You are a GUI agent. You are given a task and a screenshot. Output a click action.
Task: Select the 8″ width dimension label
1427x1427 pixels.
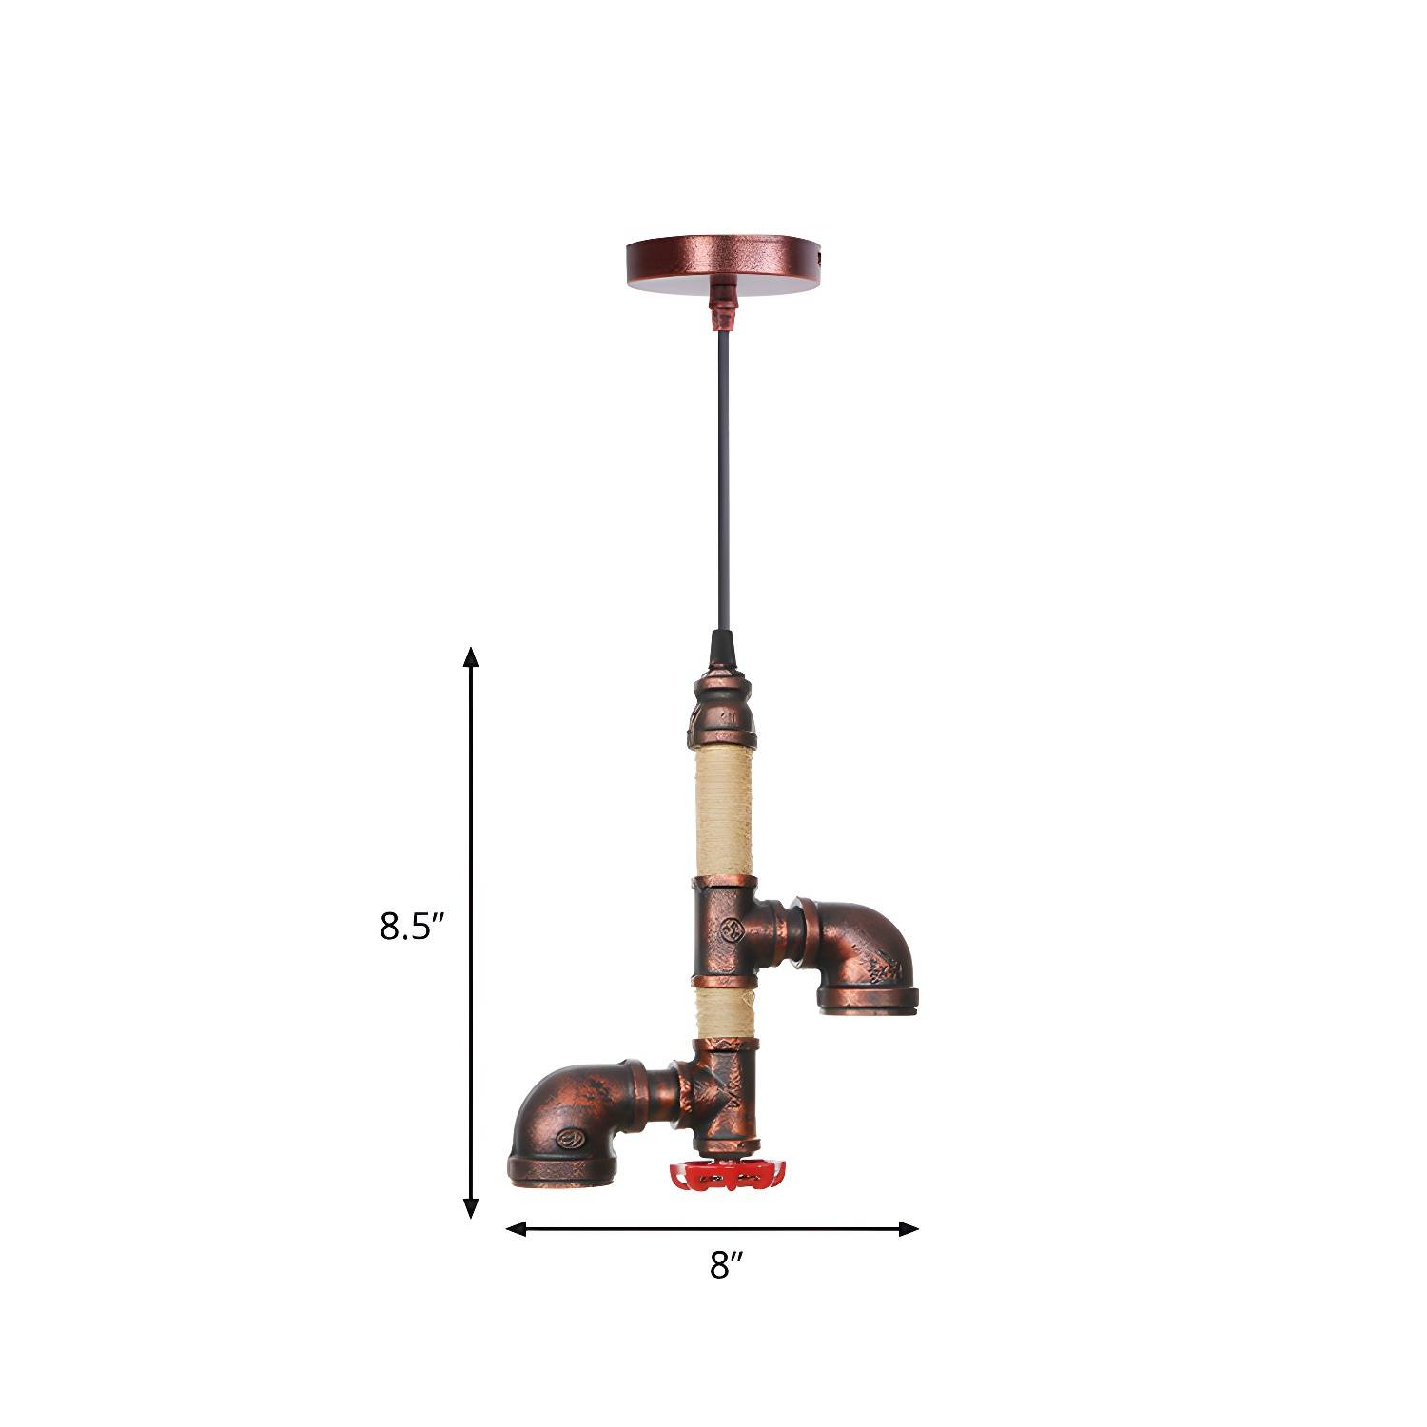coord(726,1265)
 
